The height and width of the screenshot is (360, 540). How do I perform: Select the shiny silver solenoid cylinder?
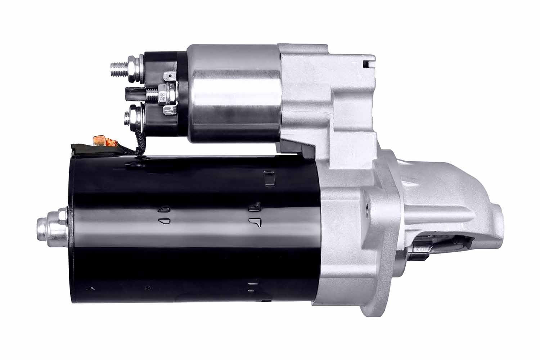coord(234,94)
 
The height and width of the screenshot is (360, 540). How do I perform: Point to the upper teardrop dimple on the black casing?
coord(164,210)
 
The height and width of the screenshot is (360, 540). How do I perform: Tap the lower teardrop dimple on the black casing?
coord(164,220)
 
